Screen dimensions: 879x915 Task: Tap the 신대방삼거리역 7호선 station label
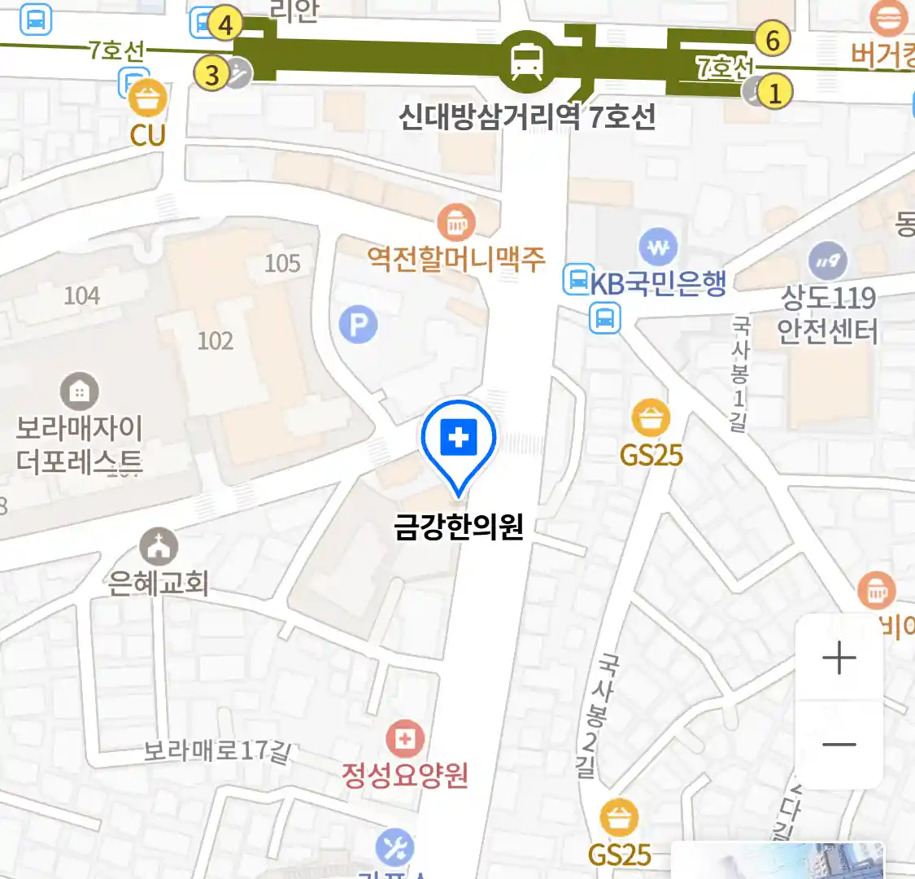[x=527, y=117]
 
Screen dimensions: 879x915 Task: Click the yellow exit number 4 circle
[x=225, y=24]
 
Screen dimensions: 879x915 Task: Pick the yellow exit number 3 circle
[x=212, y=75]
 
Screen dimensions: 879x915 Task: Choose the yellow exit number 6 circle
[x=772, y=39]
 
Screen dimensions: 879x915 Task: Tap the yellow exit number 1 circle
[x=775, y=92]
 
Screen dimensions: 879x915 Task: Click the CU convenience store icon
[x=147, y=100]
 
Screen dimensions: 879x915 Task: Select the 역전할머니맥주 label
[x=456, y=260]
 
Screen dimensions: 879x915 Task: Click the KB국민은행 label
[x=658, y=283]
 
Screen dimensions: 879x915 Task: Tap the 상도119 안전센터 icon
[x=828, y=261]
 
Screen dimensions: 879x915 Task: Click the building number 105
[x=282, y=263]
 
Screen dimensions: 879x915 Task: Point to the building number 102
[x=216, y=339]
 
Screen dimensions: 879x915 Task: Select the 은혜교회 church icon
[x=159, y=547]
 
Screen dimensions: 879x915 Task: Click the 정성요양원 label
[x=405, y=774]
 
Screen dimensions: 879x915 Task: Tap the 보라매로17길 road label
[x=216, y=750]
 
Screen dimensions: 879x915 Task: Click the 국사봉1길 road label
[x=739, y=374]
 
